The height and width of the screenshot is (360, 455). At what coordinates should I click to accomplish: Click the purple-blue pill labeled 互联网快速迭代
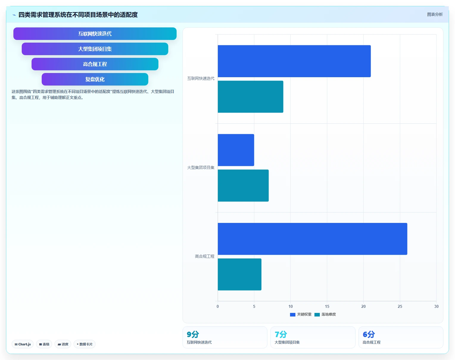tap(95, 34)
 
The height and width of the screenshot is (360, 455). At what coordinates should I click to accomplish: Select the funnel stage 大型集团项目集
tap(95, 49)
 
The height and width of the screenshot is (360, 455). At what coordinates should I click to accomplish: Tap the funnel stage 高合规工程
tap(95, 64)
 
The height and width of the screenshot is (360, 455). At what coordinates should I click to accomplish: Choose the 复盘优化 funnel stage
tap(95, 79)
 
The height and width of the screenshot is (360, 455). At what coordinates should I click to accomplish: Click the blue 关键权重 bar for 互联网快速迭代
tap(294, 61)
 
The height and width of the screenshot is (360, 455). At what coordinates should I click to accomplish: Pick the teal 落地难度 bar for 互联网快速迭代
tap(250, 97)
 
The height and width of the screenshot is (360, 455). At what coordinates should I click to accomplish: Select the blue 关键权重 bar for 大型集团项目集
tap(236, 150)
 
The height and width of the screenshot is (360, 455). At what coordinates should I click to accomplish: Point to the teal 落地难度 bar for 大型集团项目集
tap(243, 186)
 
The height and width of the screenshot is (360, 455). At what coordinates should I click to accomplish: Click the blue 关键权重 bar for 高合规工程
tap(312, 239)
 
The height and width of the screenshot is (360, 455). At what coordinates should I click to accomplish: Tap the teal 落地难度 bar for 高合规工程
tap(239, 274)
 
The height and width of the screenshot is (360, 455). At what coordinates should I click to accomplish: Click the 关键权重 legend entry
tap(301, 314)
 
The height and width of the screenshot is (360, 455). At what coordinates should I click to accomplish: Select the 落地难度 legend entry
tap(325, 314)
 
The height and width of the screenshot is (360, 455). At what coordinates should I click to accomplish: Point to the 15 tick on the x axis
tap(327, 306)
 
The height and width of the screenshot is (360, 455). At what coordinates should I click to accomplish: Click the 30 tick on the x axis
tap(436, 306)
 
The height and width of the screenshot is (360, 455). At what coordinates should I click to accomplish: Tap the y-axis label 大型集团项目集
tap(201, 167)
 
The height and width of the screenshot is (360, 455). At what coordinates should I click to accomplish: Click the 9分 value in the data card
tap(193, 334)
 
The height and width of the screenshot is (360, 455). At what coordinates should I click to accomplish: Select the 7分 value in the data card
tap(281, 334)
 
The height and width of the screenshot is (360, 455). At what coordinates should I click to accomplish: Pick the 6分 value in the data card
tap(369, 334)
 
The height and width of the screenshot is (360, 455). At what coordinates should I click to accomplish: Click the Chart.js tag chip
tap(23, 344)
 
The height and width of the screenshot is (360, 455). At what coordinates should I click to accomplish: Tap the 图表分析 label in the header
tap(435, 14)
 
